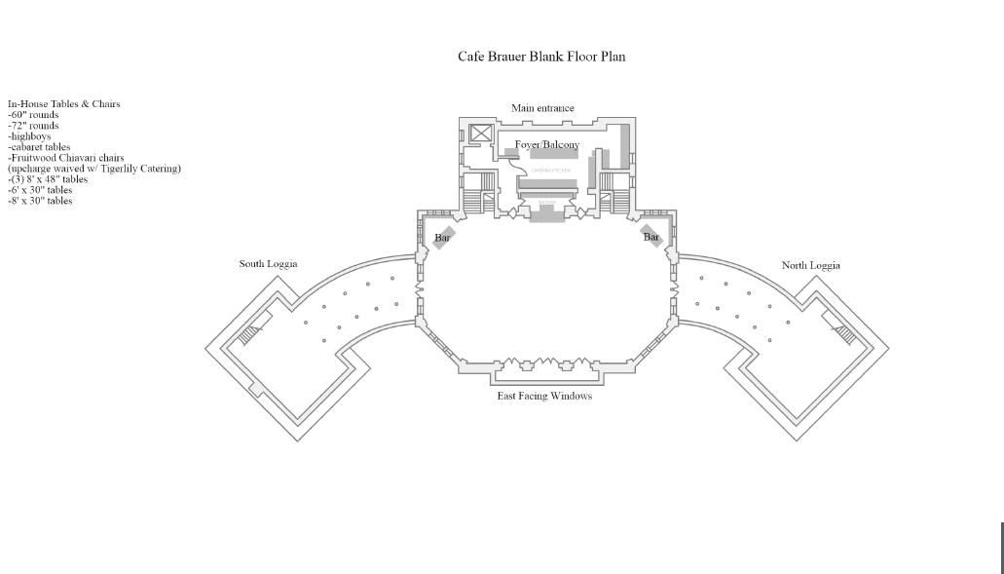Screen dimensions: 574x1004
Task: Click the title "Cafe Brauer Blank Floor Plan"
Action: (x=541, y=57)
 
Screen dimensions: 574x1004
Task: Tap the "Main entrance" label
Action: (x=542, y=108)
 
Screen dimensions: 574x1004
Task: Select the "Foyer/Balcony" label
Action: (x=546, y=145)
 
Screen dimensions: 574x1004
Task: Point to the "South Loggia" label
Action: (x=268, y=264)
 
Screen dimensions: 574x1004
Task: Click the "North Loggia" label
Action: (x=810, y=265)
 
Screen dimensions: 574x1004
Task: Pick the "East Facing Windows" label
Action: (x=544, y=396)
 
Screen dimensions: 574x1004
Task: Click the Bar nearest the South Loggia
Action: (x=443, y=237)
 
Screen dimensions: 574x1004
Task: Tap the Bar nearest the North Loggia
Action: (x=651, y=236)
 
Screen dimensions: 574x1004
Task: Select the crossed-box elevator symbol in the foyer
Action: (x=481, y=134)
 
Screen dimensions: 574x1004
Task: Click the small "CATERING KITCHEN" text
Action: (x=550, y=171)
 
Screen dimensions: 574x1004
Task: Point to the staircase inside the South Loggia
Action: (x=250, y=334)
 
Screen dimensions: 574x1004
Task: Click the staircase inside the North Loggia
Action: (x=844, y=335)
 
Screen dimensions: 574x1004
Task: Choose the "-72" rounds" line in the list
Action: (x=33, y=126)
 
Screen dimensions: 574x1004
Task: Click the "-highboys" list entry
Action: (x=29, y=136)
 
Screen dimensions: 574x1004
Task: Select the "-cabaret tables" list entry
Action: (x=39, y=147)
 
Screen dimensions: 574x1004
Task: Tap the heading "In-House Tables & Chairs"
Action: (x=63, y=104)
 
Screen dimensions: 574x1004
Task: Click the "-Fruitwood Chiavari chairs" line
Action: (x=65, y=158)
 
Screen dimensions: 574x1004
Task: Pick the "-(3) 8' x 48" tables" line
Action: (x=48, y=179)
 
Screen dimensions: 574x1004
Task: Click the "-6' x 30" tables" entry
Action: (x=40, y=190)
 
